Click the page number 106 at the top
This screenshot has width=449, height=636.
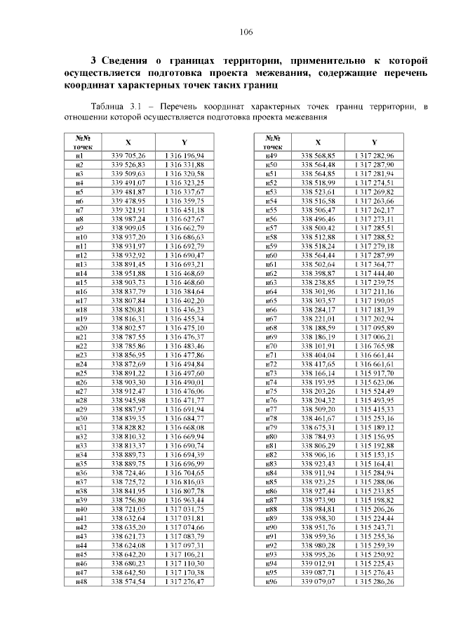tap(245, 32)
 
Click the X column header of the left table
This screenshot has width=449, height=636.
tap(128, 142)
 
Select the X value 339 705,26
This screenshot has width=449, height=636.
tap(128, 154)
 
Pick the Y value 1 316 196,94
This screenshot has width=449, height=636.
tap(185, 154)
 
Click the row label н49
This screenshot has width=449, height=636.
tap(273, 154)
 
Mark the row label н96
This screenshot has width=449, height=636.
tap(273, 582)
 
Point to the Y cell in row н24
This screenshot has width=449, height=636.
tap(185, 364)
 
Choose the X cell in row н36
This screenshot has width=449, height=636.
tap(128, 473)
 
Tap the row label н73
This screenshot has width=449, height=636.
tap(273, 373)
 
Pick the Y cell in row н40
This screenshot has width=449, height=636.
tap(185, 509)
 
